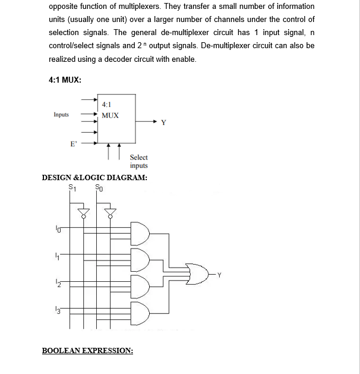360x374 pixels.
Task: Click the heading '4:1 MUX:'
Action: point(65,80)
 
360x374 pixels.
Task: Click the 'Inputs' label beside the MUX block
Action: point(61,115)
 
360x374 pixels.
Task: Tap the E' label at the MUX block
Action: point(73,144)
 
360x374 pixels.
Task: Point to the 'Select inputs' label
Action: point(138,161)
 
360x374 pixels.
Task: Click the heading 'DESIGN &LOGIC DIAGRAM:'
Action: point(94,177)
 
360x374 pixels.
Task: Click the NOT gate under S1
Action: point(84,212)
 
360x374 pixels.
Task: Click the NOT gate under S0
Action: point(110,212)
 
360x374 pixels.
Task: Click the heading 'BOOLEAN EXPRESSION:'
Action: point(87,350)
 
